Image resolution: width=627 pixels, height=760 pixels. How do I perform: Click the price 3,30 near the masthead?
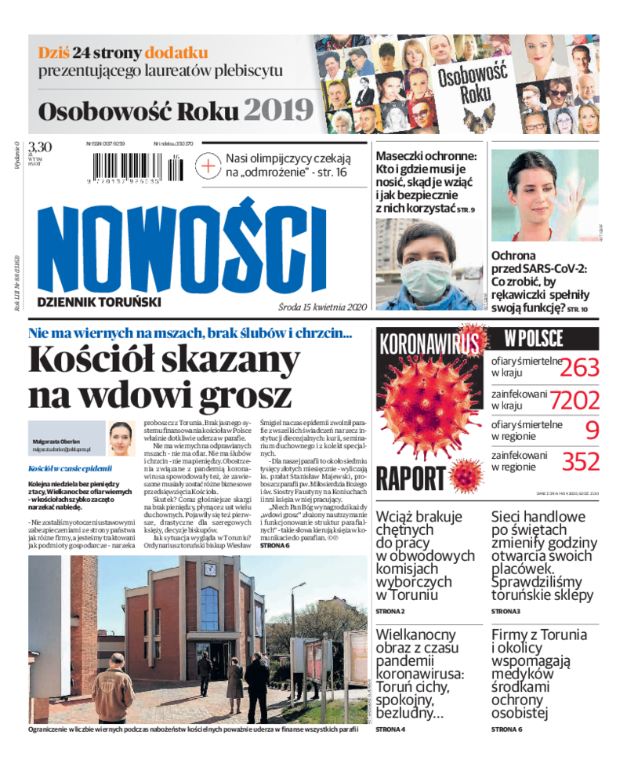[x=40, y=147]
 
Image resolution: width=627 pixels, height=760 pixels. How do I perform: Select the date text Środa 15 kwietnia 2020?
[x=322, y=307]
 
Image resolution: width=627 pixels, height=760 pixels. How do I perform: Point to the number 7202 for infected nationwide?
[x=574, y=400]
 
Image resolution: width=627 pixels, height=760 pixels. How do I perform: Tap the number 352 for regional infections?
[x=581, y=461]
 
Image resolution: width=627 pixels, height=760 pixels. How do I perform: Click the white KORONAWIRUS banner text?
[x=428, y=344]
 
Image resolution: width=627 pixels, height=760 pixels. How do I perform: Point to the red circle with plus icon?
[x=209, y=166]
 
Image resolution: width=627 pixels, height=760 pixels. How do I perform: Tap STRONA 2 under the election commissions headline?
[x=390, y=610]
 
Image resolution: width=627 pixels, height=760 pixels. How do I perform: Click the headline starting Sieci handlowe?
[x=543, y=555]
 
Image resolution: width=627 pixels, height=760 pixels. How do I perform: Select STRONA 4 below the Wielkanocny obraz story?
[x=390, y=729]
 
